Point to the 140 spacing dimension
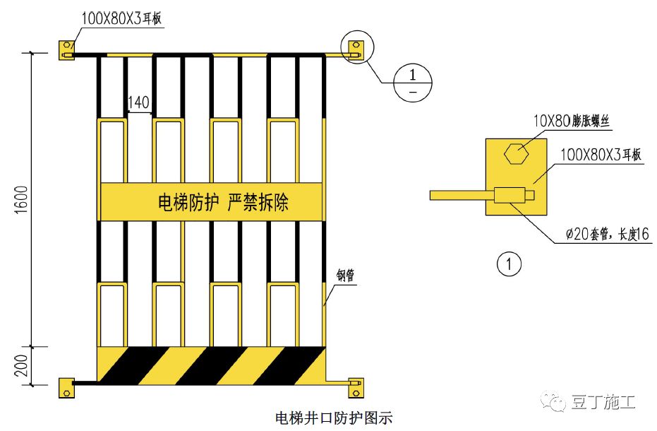click(139, 103)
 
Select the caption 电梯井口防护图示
click(333, 418)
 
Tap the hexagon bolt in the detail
click(515, 153)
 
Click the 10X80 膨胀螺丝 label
click(571, 122)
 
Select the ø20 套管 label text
click(606, 235)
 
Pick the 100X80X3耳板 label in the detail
click(600, 155)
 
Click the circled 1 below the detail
click(509, 265)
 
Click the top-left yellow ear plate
click(66, 49)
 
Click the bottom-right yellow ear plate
click(356, 387)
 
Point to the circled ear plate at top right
click(355, 48)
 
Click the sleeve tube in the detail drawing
click(512, 194)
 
